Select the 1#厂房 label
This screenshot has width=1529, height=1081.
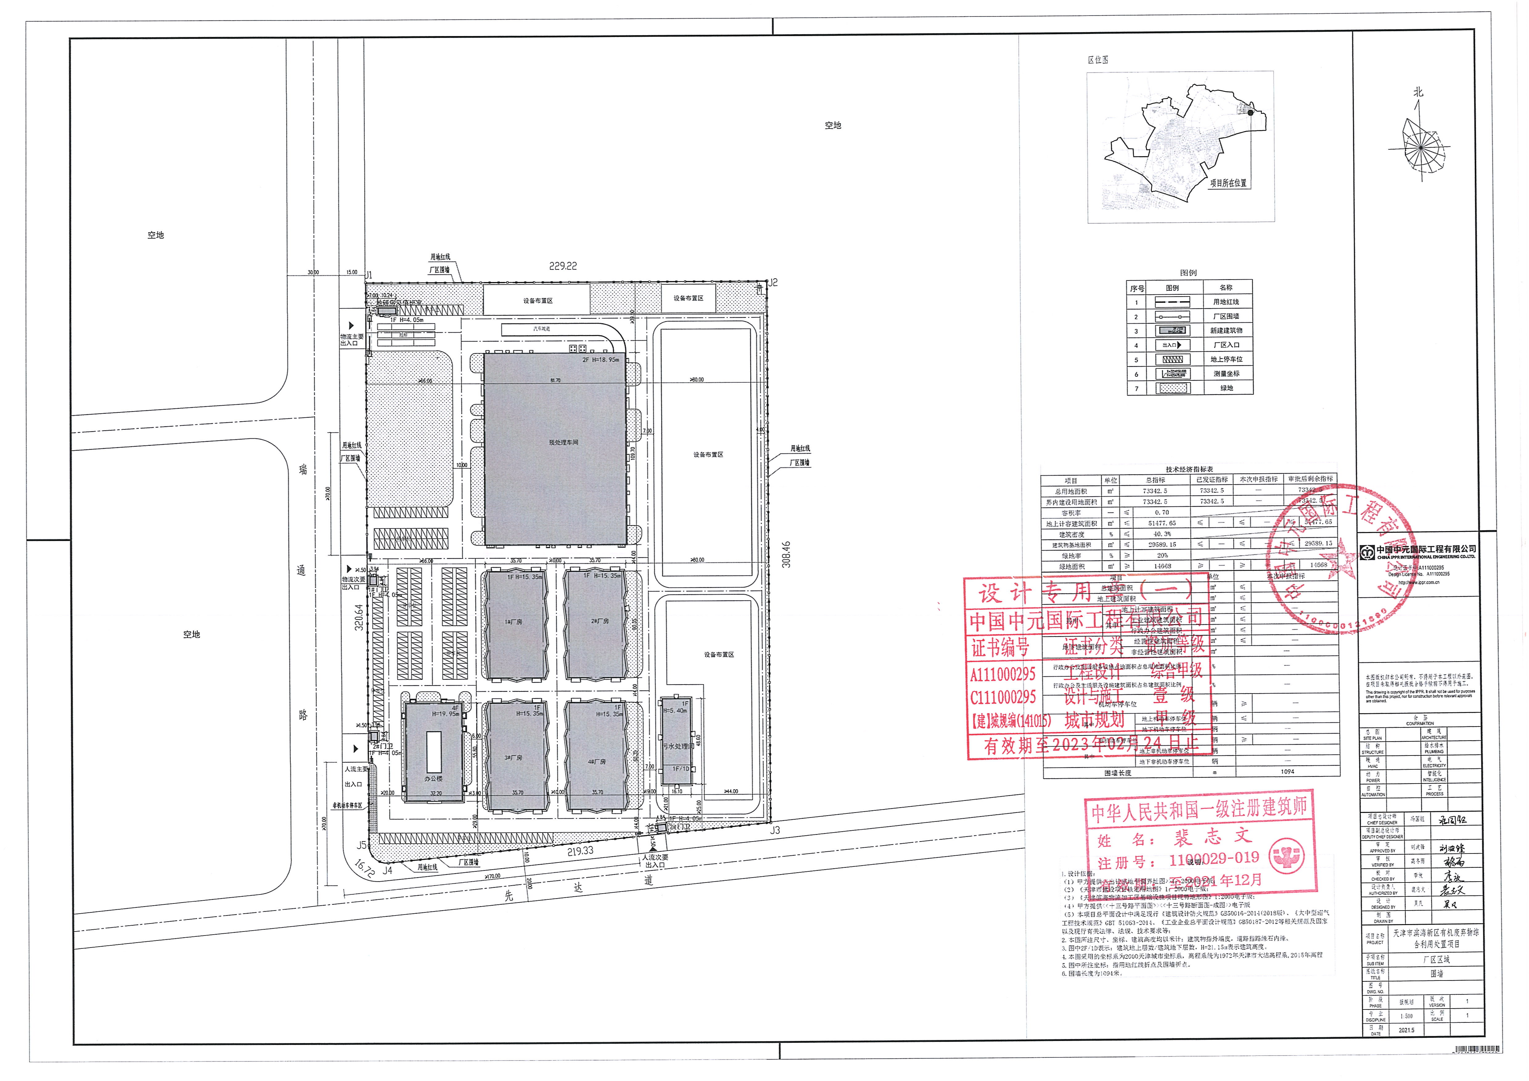click(x=514, y=622)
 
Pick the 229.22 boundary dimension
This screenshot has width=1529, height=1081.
click(x=563, y=266)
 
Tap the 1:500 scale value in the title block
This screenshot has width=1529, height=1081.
click(x=1406, y=1016)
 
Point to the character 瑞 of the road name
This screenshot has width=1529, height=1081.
click(x=303, y=469)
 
